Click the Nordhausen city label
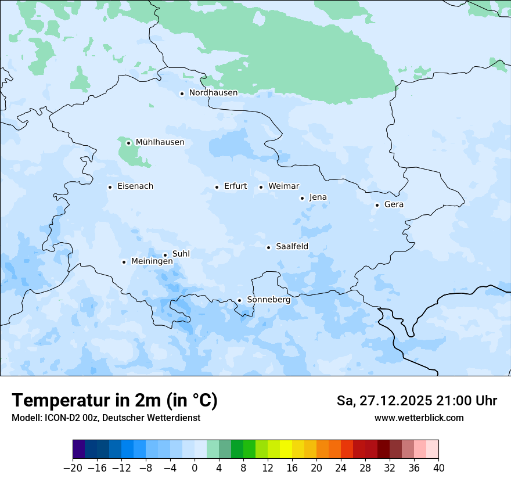213,93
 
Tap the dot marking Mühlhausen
128,143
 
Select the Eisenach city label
135,186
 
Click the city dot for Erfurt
217,187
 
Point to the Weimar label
283,186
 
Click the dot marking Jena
302,198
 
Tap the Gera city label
394,204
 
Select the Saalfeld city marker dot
268,247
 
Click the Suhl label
181,254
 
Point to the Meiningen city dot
124,262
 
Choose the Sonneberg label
268,300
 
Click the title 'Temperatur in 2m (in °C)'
114,401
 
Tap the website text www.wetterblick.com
419,418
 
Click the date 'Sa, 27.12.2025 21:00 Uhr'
416,401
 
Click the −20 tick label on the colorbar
73,467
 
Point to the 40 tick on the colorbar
438,467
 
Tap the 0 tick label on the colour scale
195,467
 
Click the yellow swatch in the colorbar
286,449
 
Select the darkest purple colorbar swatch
78,449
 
